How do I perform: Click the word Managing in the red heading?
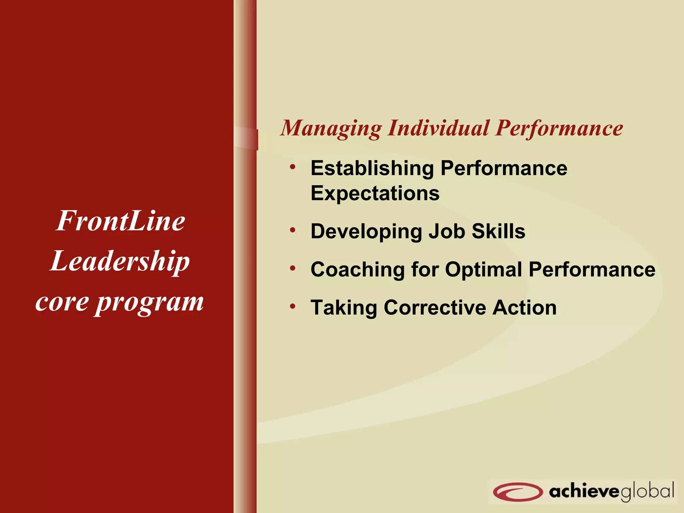331,129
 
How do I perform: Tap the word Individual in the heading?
438,128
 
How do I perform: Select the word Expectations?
375,193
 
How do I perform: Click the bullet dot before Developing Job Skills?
293,230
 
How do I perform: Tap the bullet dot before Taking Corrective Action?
293,306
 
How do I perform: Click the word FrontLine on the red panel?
120,221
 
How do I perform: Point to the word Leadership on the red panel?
120,262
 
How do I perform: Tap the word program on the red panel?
149,303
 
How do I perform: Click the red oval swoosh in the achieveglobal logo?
517,492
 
